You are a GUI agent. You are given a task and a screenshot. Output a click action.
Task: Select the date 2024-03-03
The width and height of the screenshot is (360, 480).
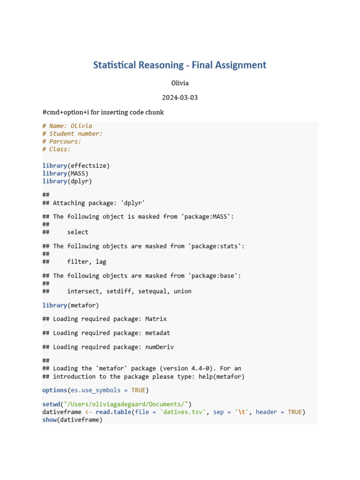(180, 97)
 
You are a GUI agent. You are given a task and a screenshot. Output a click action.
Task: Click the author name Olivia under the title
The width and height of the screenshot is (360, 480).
(180, 83)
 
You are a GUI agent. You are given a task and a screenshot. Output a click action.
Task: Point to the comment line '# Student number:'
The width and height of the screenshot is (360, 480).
(72, 134)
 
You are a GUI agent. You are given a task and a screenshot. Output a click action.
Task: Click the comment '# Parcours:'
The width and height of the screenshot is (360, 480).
(61, 142)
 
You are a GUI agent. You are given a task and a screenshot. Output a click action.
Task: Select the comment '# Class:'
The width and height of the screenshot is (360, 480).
(56, 150)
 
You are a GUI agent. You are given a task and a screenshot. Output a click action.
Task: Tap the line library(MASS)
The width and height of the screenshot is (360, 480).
(65, 173)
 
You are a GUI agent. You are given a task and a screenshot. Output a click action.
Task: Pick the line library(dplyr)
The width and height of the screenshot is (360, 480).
(67, 181)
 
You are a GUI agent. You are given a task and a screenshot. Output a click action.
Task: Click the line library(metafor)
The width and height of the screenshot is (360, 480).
(70, 305)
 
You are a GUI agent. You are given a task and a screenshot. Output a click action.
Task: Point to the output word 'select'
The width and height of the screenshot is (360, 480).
(77, 232)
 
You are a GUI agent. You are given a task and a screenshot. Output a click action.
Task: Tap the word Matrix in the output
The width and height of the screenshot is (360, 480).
(156, 319)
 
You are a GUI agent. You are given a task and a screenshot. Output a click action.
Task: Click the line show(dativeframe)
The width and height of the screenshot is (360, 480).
(72, 420)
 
